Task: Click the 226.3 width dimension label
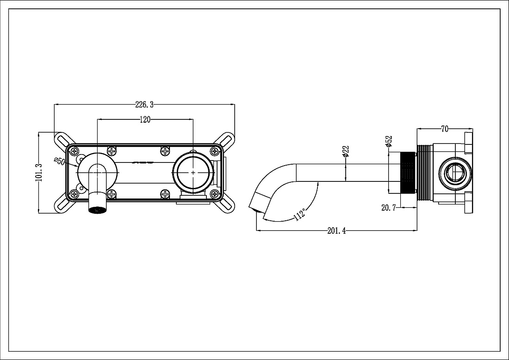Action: [x=144, y=105]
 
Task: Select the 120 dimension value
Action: [x=145, y=120]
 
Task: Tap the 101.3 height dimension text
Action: [x=38, y=173]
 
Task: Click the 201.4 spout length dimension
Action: [x=336, y=231]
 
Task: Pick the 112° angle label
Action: [x=300, y=215]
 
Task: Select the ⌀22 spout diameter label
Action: [x=346, y=151]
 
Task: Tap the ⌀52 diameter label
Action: [x=389, y=142]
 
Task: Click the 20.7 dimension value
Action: [x=389, y=208]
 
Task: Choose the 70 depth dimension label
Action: [x=445, y=129]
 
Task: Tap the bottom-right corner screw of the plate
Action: [x=214, y=194]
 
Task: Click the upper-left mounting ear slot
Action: [x=63, y=140]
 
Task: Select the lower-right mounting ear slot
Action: [x=227, y=205]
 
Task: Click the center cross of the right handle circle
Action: [x=193, y=173]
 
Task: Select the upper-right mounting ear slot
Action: [x=227, y=140]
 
